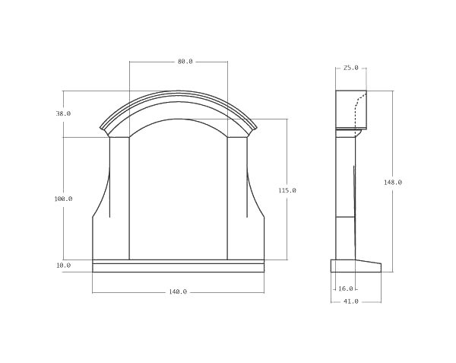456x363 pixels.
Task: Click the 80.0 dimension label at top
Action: point(185,61)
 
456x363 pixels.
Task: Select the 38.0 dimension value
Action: point(63,113)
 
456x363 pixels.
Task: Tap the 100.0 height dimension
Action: point(63,199)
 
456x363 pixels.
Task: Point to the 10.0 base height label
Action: point(63,266)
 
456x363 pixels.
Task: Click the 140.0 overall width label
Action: point(179,291)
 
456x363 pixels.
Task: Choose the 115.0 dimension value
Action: point(288,190)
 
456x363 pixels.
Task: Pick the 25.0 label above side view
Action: point(350,68)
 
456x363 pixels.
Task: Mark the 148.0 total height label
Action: point(393,182)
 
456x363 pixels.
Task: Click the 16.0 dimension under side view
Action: point(346,288)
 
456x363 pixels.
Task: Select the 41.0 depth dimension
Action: point(350,301)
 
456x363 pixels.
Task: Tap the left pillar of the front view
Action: point(120,198)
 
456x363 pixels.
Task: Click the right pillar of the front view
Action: point(237,198)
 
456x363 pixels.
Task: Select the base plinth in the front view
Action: point(179,266)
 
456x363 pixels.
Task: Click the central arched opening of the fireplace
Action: point(179,190)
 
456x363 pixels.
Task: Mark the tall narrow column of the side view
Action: point(345,198)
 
